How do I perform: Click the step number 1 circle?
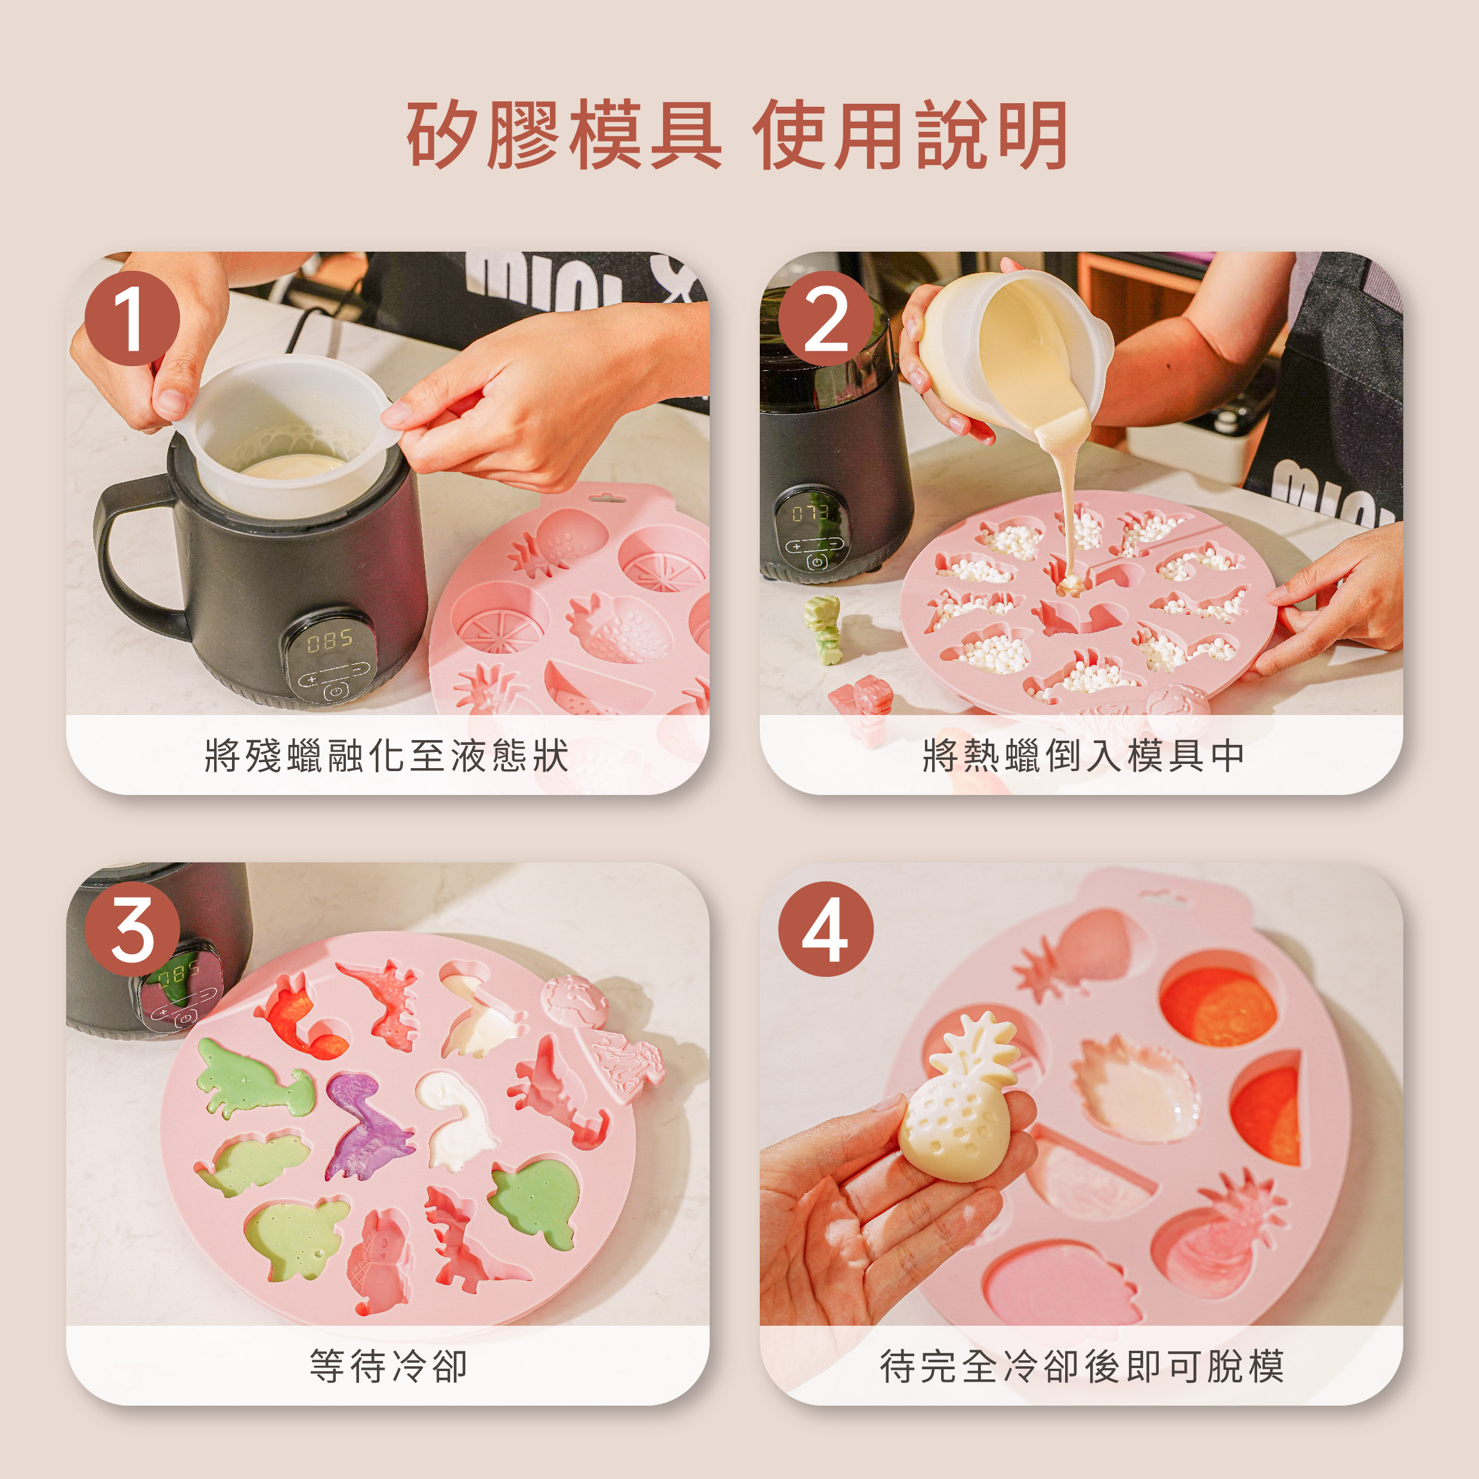(x=132, y=318)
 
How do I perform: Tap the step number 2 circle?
(x=826, y=318)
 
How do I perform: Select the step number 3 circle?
(x=132, y=929)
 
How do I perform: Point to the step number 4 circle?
(x=826, y=929)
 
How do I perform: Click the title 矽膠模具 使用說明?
(x=737, y=135)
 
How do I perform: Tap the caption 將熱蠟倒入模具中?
(x=1083, y=756)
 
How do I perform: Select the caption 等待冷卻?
(x=388, y=1366)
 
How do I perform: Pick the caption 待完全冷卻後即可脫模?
(x=1082, y=1366)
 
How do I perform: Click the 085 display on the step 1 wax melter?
(x=329, y=640)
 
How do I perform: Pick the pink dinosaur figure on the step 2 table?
(x=862, y=708)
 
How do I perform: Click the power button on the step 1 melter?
(x=335, y=691)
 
